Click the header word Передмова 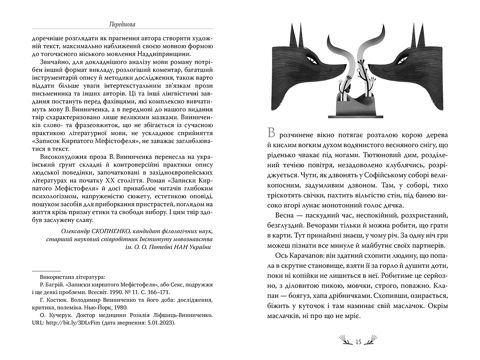tap(122, 24)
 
